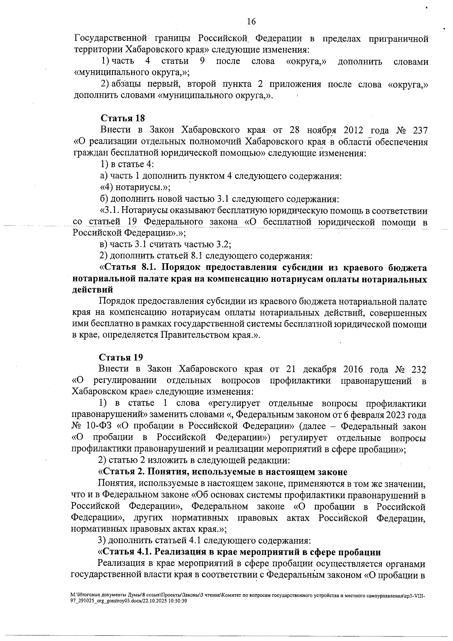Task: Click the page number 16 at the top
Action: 251,22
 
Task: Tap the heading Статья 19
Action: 121,357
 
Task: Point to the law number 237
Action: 418,130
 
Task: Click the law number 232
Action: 418,369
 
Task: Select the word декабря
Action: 318,369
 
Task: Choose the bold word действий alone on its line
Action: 92,290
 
